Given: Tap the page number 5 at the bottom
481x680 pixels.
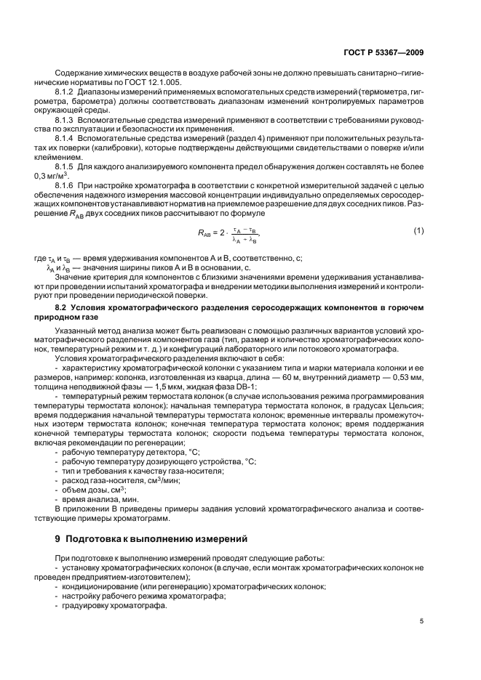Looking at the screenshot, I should [x=422, y=622].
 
